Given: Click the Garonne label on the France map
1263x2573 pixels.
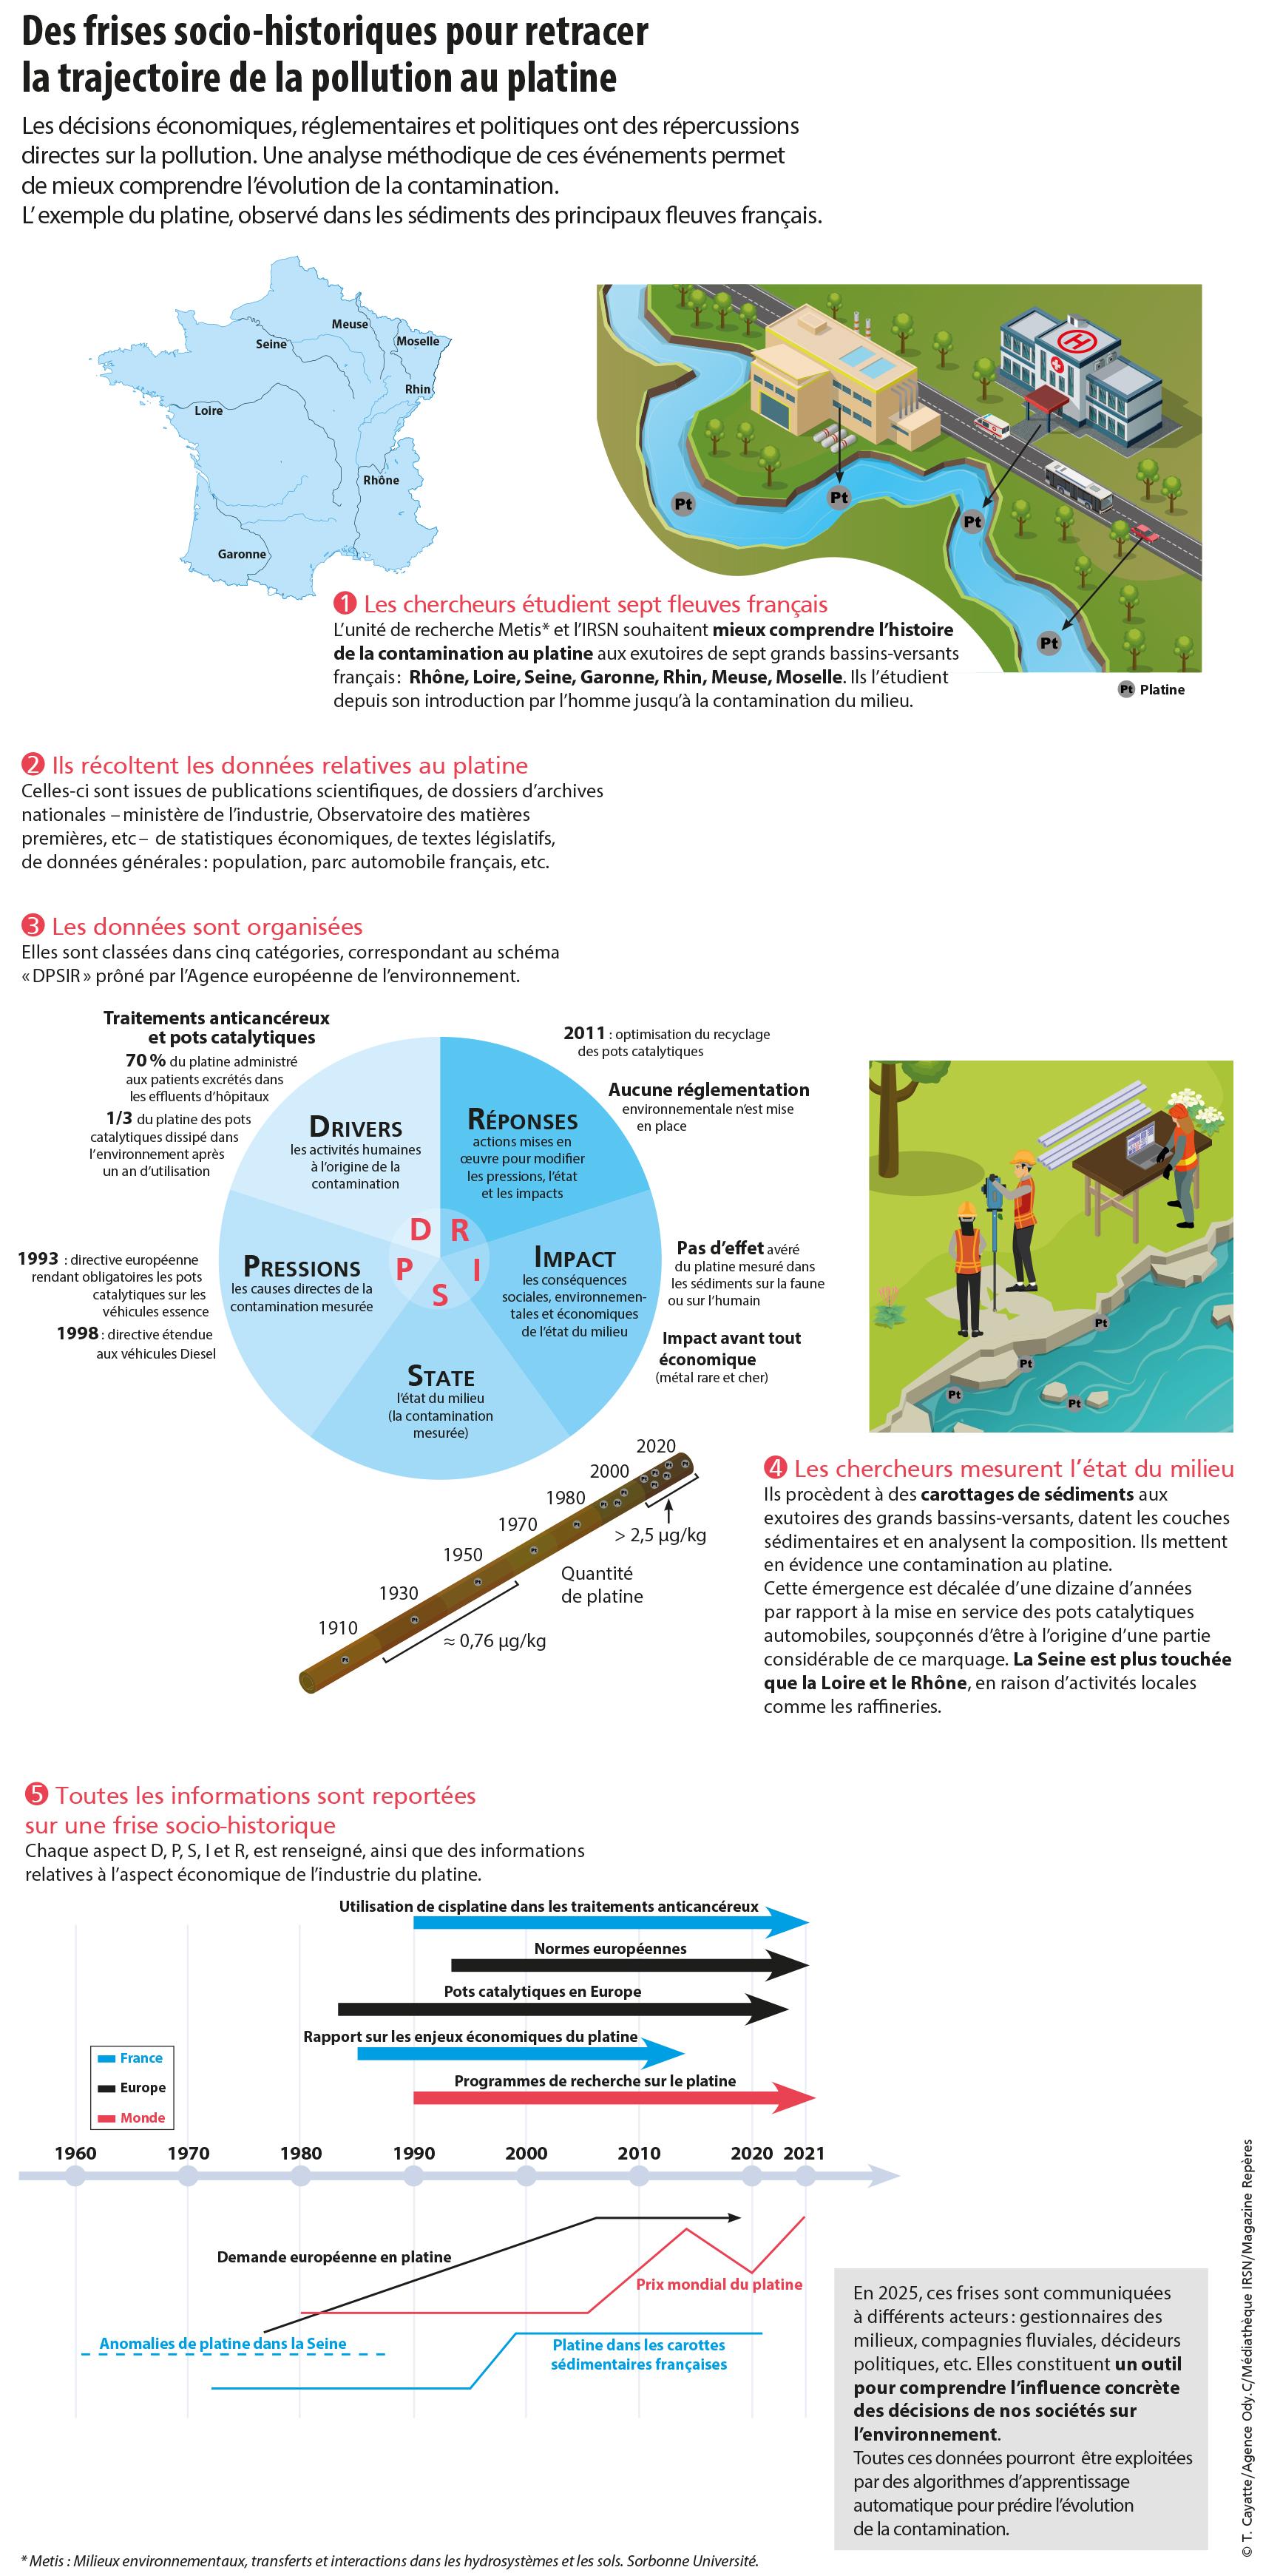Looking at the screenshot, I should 242,555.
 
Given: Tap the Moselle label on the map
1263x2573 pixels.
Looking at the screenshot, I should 417,342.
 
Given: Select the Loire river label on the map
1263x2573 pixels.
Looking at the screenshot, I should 209,410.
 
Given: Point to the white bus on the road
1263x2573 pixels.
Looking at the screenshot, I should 1077,484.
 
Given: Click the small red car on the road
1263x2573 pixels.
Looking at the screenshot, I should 1145,535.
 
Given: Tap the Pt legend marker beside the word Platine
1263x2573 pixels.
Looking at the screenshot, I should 1125,689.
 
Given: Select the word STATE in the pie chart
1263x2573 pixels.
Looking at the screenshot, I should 440,1376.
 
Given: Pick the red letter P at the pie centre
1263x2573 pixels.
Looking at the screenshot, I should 404,1268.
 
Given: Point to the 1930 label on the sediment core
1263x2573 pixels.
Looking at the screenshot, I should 399,1593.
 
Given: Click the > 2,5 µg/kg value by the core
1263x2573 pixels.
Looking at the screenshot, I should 660,1535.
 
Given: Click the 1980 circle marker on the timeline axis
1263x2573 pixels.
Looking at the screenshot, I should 300,2175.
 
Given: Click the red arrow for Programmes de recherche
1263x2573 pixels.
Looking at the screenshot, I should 613,2098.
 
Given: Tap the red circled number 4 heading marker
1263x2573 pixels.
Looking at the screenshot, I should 775,1468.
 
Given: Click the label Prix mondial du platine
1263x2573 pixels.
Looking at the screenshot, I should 719,2285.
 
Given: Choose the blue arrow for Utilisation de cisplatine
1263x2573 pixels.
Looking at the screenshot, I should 609,1921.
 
